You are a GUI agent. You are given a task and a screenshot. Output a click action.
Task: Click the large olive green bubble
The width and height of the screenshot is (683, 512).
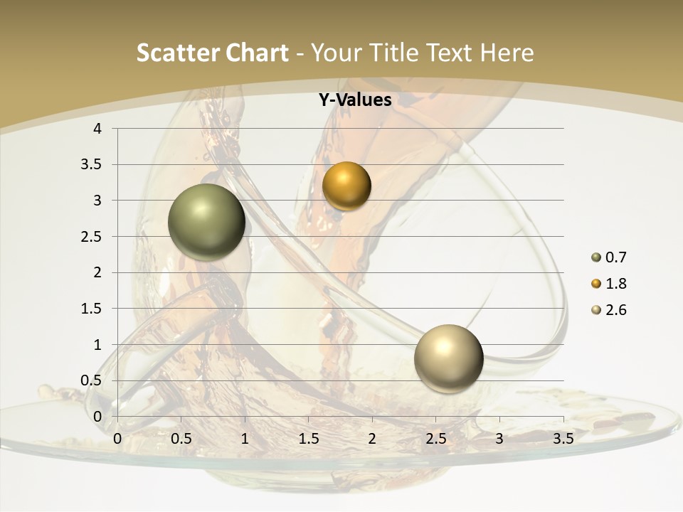coord(206,222)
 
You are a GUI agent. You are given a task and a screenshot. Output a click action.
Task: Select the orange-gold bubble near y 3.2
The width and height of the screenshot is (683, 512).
coord(346,186)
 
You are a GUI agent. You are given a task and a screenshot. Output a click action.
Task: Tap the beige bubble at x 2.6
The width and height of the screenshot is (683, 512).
coord(448,358)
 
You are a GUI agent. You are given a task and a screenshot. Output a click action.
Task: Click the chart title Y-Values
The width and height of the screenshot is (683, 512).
coord(354,100)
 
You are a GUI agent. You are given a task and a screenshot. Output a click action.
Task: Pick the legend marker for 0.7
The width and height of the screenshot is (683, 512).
coord(595,257)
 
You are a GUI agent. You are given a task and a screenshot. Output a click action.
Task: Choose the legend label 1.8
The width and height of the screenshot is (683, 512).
coord(616,284)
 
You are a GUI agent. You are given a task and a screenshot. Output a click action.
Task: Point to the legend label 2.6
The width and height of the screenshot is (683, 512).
coord(616,310)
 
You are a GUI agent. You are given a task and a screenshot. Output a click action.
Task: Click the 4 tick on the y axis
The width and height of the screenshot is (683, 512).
coord(98,129)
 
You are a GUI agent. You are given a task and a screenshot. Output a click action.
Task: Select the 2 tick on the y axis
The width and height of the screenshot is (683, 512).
coord(98,272)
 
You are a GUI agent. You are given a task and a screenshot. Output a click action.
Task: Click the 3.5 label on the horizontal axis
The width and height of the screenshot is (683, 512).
coord(563,439)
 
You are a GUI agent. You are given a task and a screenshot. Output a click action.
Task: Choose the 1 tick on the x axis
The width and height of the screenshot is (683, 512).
coord(245,439)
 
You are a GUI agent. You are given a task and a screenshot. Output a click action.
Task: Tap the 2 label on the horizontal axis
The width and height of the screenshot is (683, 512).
coord(372,439)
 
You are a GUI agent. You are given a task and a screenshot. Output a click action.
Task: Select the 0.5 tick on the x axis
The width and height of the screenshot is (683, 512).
coord(181,439)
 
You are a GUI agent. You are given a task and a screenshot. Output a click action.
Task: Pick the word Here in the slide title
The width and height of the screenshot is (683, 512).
coord(507,53)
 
